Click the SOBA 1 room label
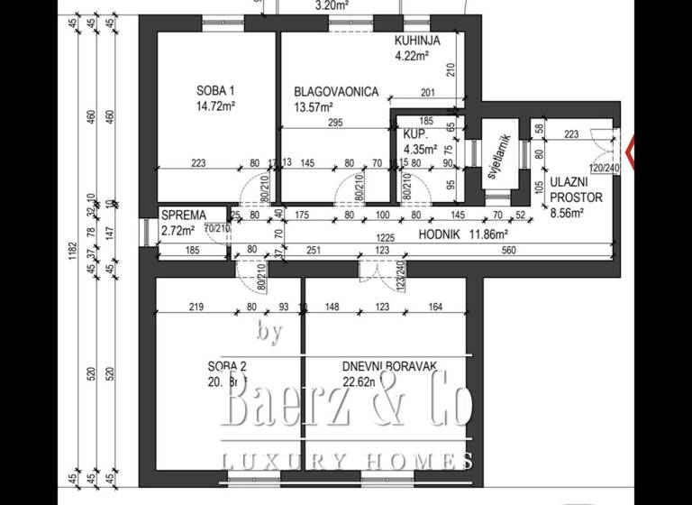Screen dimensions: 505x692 (215, 90)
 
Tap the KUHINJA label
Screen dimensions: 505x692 (417, 41)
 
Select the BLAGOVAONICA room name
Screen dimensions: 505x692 (336, 92)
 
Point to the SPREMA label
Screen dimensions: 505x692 (183, 216)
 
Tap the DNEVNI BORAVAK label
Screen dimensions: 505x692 (389, 366)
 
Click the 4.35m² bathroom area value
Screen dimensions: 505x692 (421, 150)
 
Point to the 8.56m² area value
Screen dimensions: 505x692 (567, 214)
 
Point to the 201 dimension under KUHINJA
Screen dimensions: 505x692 (427, 91)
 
